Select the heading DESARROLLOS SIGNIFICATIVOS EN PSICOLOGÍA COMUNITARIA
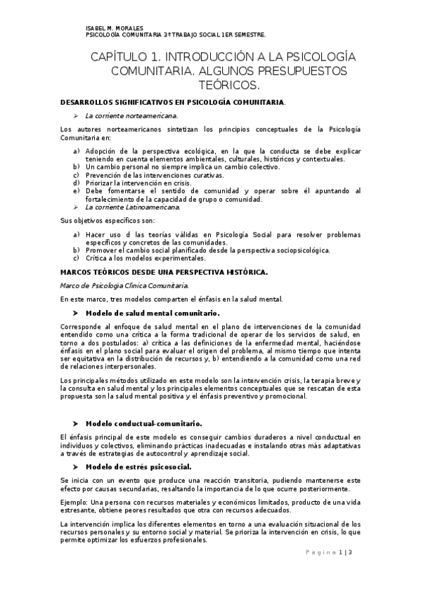(173, 103)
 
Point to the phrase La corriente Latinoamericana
(132, 207)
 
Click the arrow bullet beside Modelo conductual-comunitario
(75, 424)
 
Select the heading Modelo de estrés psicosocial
(138, 466)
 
